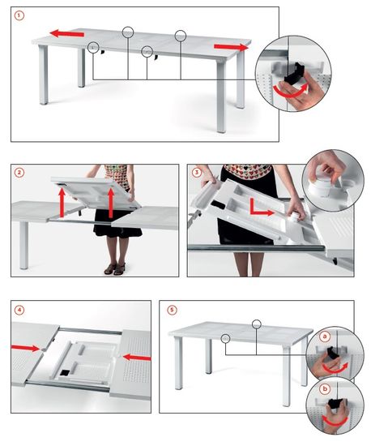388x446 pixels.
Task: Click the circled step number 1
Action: [19, 15]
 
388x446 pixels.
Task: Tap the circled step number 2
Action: [19, 173]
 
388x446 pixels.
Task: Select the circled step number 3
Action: [197, 173]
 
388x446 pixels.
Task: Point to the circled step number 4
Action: [19, 310]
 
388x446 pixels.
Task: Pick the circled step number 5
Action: [172, 310]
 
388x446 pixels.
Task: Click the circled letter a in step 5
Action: [325, 337]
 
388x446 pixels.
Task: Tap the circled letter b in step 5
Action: [325, 388]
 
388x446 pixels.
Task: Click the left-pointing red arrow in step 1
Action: [66, 33]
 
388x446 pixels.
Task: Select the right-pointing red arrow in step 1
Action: [231, 47]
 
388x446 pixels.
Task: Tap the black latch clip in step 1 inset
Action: [295, 72]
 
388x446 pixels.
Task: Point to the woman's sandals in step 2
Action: [115, 268]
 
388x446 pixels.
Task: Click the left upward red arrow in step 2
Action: [62, 203]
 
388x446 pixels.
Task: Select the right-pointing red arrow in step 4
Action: [26, 348]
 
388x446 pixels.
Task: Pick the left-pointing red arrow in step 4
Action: [137, 358]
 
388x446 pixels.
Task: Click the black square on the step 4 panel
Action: [65, 373]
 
